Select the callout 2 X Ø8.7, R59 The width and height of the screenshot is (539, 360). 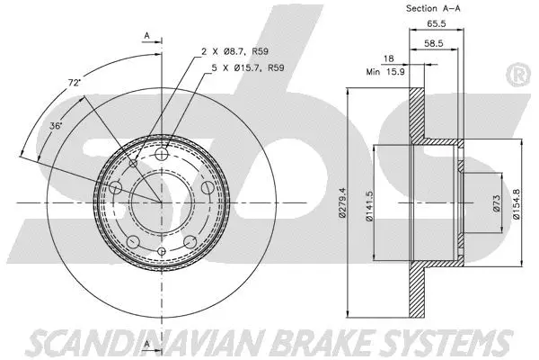[234, 54]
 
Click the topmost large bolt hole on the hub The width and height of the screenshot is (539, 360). [163, 157]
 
